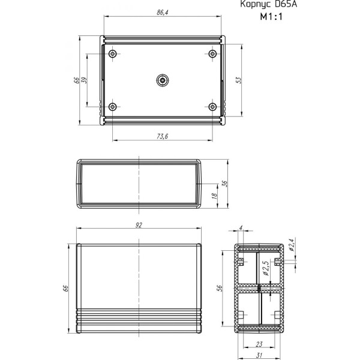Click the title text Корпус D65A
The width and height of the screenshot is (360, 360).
coord(268,4)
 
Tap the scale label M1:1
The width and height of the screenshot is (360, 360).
coord(271,17)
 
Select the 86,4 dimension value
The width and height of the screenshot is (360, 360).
coord(163,13)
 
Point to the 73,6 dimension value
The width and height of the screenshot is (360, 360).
coord(163,136)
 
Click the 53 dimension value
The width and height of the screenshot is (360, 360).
coord(239,80)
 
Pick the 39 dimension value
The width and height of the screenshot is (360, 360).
coord(84,80)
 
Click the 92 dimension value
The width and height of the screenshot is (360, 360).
coord(139,225)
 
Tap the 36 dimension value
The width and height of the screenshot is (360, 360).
coord(224,184)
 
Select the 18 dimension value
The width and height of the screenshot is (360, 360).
coord(214,196)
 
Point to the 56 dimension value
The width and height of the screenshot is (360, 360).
coord(220,288)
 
